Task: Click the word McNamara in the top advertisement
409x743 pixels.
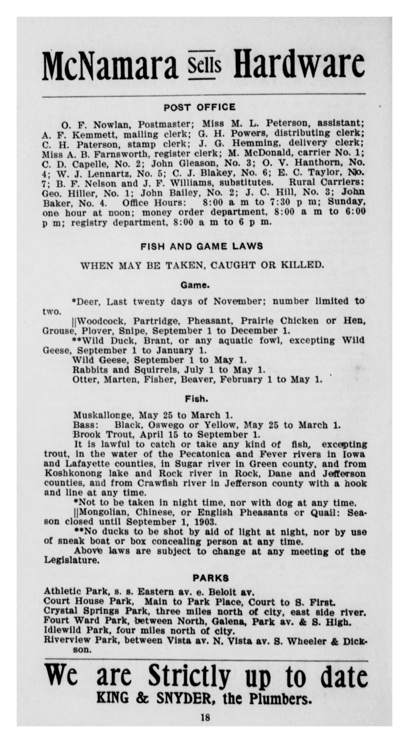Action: click(x=110, y=66)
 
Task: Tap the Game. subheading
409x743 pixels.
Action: click(x=195, y=286)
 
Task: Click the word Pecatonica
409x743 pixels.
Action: click(x=205, y=454)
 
